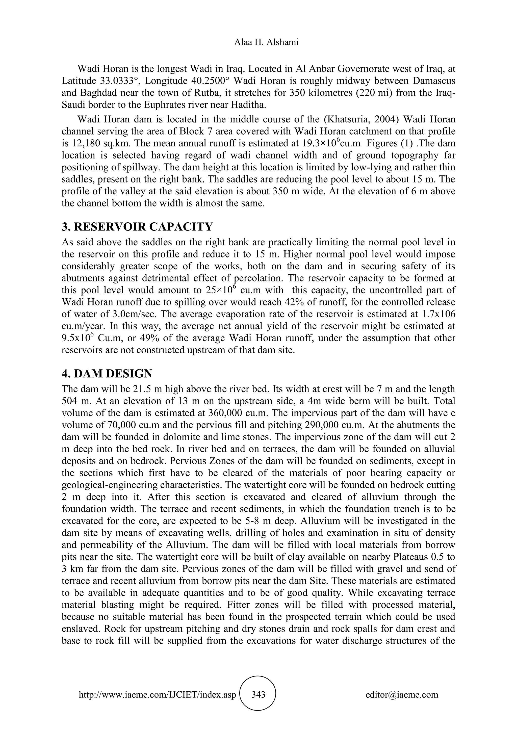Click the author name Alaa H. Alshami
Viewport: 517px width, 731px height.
pyautogui.click(x=266, y=42)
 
